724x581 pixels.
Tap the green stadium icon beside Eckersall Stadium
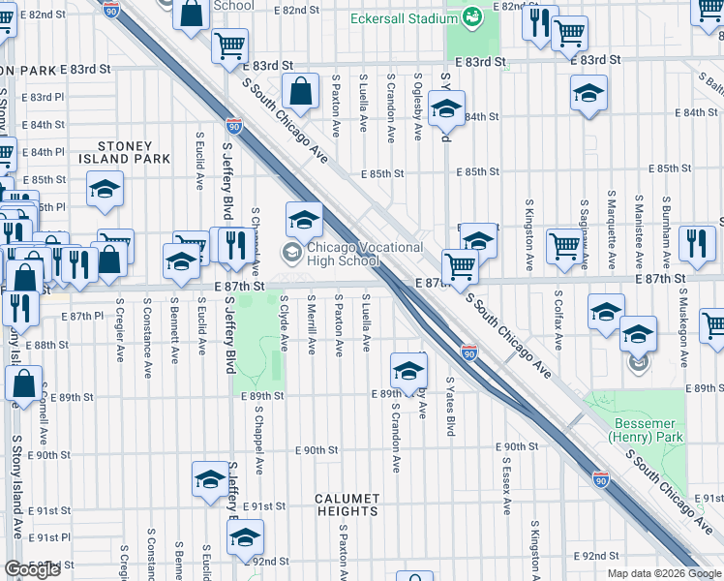tap(472, 16)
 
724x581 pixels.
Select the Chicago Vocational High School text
tap(364, 254)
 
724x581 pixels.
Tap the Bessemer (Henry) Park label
tap(648, 430)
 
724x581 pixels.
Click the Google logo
tap(32, 569)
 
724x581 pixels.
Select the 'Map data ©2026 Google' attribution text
tap(664, 573)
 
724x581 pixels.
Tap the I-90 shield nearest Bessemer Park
tap(601, 478)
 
